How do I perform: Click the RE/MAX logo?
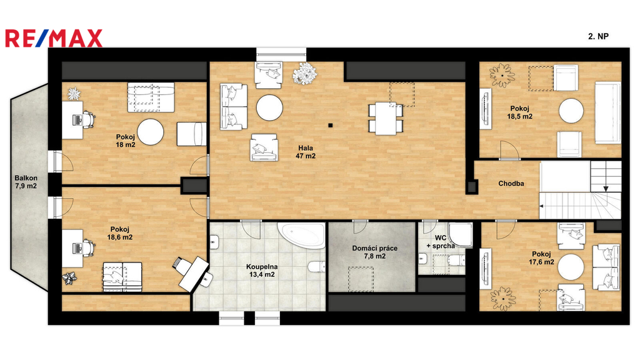coord(54,38)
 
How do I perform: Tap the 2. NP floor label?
coord(598,36)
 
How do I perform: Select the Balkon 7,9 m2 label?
coord(26,182)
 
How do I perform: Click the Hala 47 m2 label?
coord(306,152)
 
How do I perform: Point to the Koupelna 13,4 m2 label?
coord(262,271)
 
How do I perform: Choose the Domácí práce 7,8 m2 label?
coord(375,252)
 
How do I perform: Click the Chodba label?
coord(511,184)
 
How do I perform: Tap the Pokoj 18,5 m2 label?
coord(519,112)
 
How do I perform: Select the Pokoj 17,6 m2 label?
coord(541,258)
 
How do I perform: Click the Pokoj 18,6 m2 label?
coord(119,234)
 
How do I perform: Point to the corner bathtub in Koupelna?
coord(301,236)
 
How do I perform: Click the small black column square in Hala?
coord(330,125)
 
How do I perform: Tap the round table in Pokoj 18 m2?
coord(150,132)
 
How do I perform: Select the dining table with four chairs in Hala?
coord(386,118)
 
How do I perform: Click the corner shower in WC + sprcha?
coord(460,235)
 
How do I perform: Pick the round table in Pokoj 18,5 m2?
coord(571,111)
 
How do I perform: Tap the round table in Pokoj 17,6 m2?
coord(571,266)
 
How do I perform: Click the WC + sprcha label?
coord(441,242)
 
